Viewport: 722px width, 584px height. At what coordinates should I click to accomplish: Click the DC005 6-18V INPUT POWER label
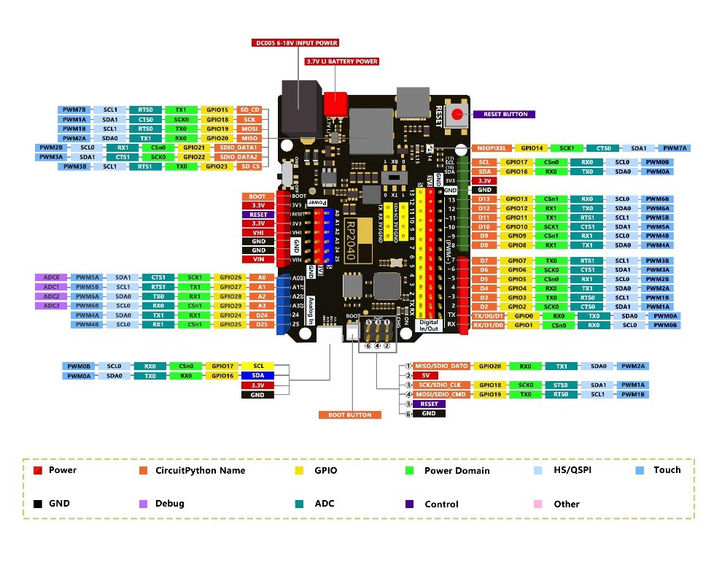(286, 43)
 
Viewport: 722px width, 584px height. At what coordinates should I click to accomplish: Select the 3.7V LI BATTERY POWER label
(341, 61)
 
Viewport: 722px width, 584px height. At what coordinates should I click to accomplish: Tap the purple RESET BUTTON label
(505, 114)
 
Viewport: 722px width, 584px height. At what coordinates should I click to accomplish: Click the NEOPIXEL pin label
(492, 148)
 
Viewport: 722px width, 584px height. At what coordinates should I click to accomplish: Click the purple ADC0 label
(50, 277)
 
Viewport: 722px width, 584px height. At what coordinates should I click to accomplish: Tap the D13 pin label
(484, 199)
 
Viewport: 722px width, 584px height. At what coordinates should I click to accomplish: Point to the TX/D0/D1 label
(488, 316)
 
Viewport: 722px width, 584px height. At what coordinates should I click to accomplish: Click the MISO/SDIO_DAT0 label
(441, 366)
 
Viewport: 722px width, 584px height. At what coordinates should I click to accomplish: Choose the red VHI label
(258, 232)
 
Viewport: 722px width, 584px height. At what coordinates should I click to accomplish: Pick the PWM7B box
(74, 109)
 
